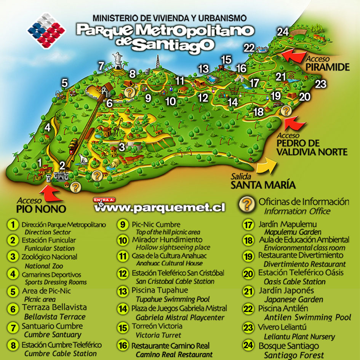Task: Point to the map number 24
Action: (x=282, y=32)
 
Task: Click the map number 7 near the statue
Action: (x=101, y=66)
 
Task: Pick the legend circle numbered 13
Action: (x=123, y=292)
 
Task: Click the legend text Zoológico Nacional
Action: (x=49, y=257)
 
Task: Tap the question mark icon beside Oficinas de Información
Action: (x=247, y=205)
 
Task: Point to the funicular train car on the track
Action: (x=74, y=145)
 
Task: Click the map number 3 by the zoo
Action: (x=122, y=147)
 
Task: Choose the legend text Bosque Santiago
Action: (x=288, y=346)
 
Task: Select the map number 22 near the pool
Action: (x=249, y=48)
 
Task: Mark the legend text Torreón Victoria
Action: (x=157, y=326)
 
